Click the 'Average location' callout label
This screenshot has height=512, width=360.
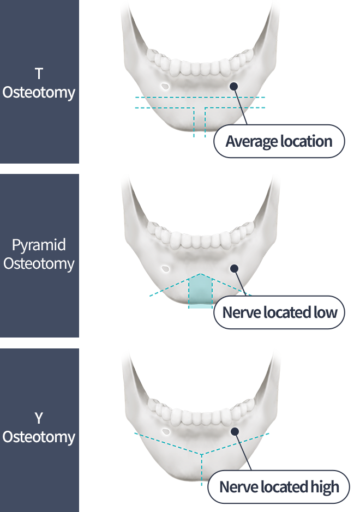pyautogui.click(x=279, y=142)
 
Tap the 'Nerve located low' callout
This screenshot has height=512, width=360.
pyautogui.click(x=279, y=313)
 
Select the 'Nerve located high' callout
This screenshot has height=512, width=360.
pyautogui.click(x=279, y=487)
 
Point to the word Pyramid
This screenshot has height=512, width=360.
pyautogui.click(x=39, y=245)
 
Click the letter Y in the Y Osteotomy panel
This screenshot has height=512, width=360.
pyautogui.click(x=39, y=419)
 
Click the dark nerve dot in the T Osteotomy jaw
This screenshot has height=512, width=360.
pyautogui.click(x=234, y=86)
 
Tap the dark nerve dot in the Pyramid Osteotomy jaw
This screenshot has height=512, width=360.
pyautogui.click(x=234, y=268)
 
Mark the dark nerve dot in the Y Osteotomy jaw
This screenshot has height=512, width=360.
pyautogui.click(x=235, y=431)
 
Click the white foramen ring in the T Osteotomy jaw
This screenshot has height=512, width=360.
pyautogui.click(x=165, y=86)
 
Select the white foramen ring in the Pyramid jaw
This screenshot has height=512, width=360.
pyautogui.click(x=165, y=268)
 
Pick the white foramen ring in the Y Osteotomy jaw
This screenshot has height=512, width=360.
pyautogui.click(x=165, y=431)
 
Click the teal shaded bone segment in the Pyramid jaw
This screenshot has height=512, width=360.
pyautogui.click(x=200, y=292)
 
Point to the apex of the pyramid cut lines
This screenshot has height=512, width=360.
pyautogui.click(x=200, y=274)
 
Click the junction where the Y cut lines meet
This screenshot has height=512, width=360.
pyautogui.click(x=202, y=454)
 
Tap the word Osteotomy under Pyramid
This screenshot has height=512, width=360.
pyautogui.click(x=39, y=264)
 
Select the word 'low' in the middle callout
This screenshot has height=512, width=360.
pyautogui.click(x=326, y=313)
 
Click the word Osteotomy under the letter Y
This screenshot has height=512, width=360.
pyautogui.click(x=39, y=437)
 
